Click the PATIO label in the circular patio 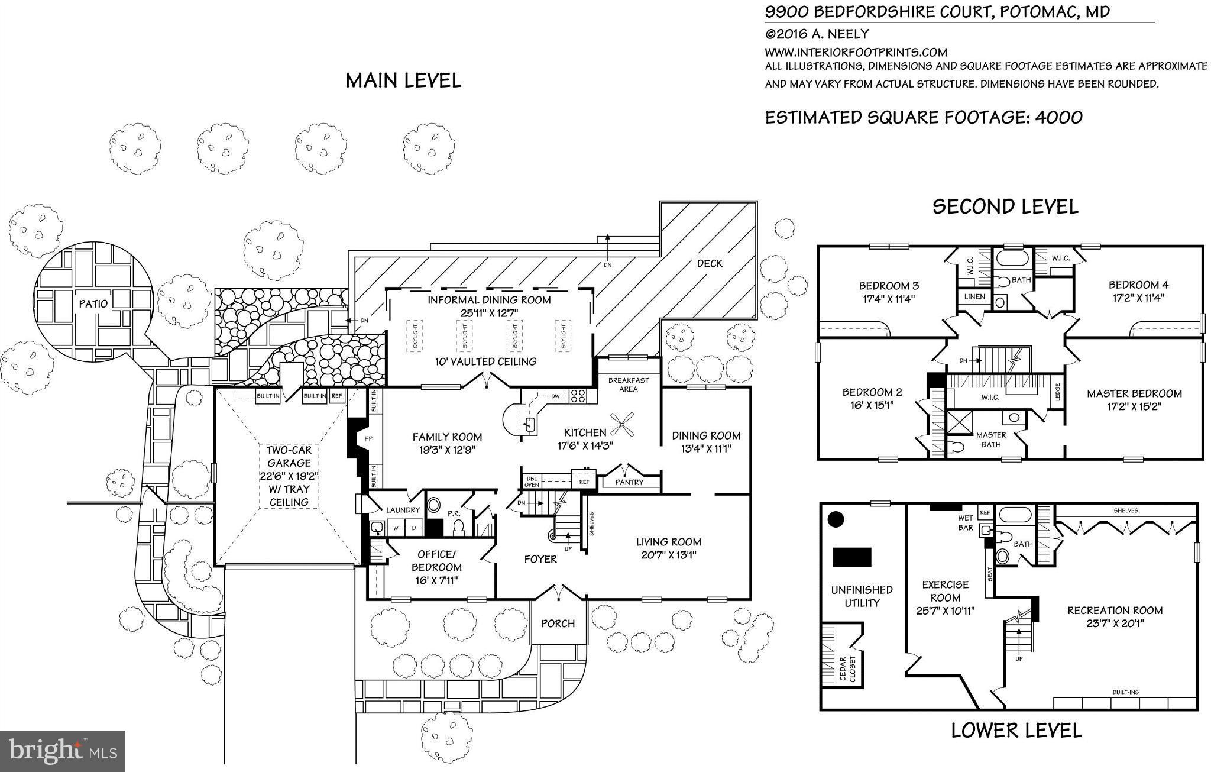point(93,303)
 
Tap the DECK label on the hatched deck point(709,263)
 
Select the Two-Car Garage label point(289,456)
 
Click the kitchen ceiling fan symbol point(622,424)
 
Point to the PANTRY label point(629,482)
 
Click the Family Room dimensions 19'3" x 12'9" point(447,450)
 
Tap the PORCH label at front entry point(558,623)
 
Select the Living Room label point(668,541)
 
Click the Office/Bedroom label point(436,561)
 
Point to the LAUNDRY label point(403,510)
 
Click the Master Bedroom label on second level point(1134,393)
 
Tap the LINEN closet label point(974,296)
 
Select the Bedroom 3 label point(889,286)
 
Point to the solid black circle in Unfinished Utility point(835,519)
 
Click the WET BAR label point(965,523)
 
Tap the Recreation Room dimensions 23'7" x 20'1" point(1115,623)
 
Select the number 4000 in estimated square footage point(1058,117)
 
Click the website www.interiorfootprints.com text point(856,52)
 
